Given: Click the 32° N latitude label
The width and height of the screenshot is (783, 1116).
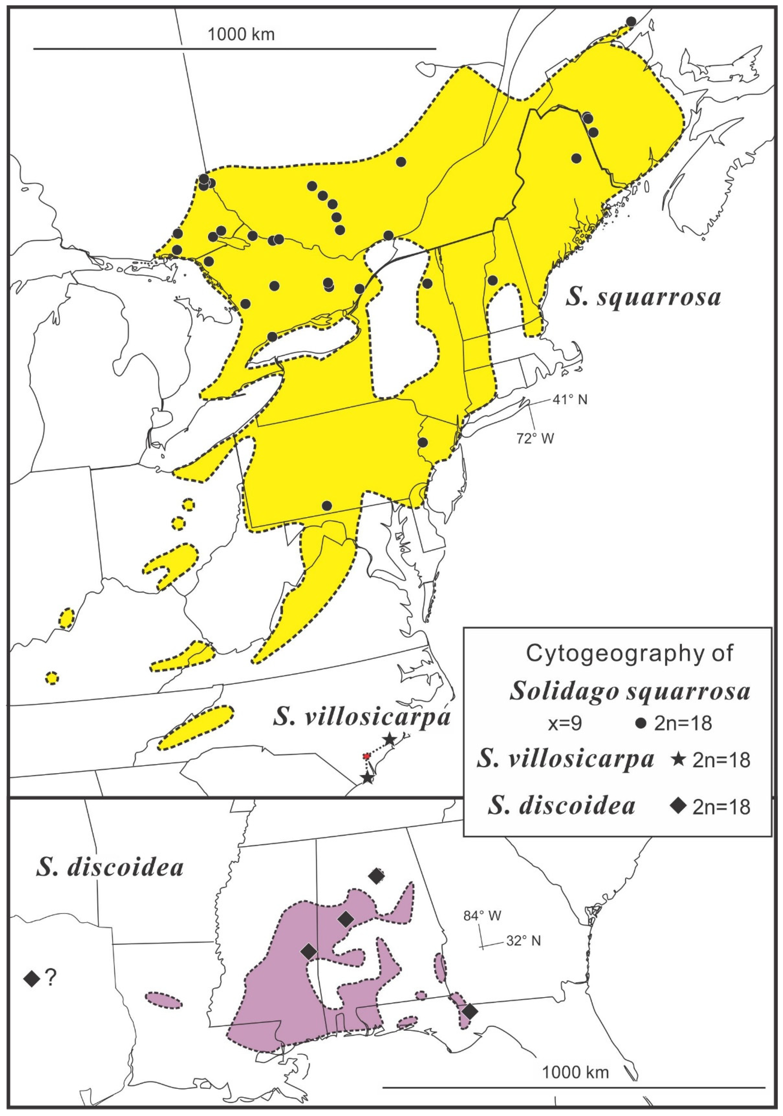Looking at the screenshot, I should [x=523, y=941].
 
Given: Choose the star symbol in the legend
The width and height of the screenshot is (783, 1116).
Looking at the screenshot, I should [x=679, y=759].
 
